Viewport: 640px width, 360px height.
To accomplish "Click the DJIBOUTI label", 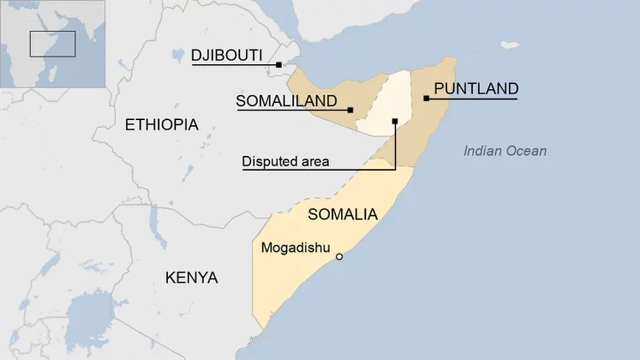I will pos(227,55).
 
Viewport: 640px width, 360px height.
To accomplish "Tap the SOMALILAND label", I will pos(286,101).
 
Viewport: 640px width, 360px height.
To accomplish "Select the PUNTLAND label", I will pos(476,88).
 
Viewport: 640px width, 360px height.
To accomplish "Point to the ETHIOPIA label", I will pos(162,124).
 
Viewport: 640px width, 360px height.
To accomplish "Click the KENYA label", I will pos(191,277).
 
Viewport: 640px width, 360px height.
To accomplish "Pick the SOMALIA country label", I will pos(343,214).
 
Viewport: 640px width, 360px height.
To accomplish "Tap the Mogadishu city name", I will pos(295,247).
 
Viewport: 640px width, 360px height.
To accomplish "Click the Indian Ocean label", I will pos(505,151).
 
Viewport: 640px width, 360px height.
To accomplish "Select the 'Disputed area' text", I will pos(285,162).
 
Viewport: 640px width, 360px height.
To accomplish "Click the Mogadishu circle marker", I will pos(339,257).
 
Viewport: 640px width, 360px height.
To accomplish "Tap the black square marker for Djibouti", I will pos(279,65).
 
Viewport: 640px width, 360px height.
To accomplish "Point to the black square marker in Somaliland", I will pos(350,110).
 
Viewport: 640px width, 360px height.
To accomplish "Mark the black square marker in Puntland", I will pos(426,98).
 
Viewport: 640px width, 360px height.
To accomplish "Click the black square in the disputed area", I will pos(395,121).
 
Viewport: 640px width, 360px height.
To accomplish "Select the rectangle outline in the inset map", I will pos(53,44).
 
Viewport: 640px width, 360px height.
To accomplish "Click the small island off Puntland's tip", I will pos(509,45).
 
